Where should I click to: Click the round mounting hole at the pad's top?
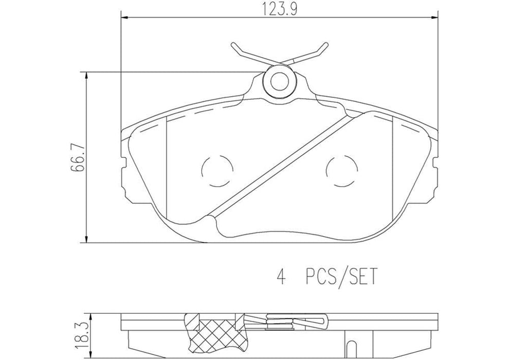279,80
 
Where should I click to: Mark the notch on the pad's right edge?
435,165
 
